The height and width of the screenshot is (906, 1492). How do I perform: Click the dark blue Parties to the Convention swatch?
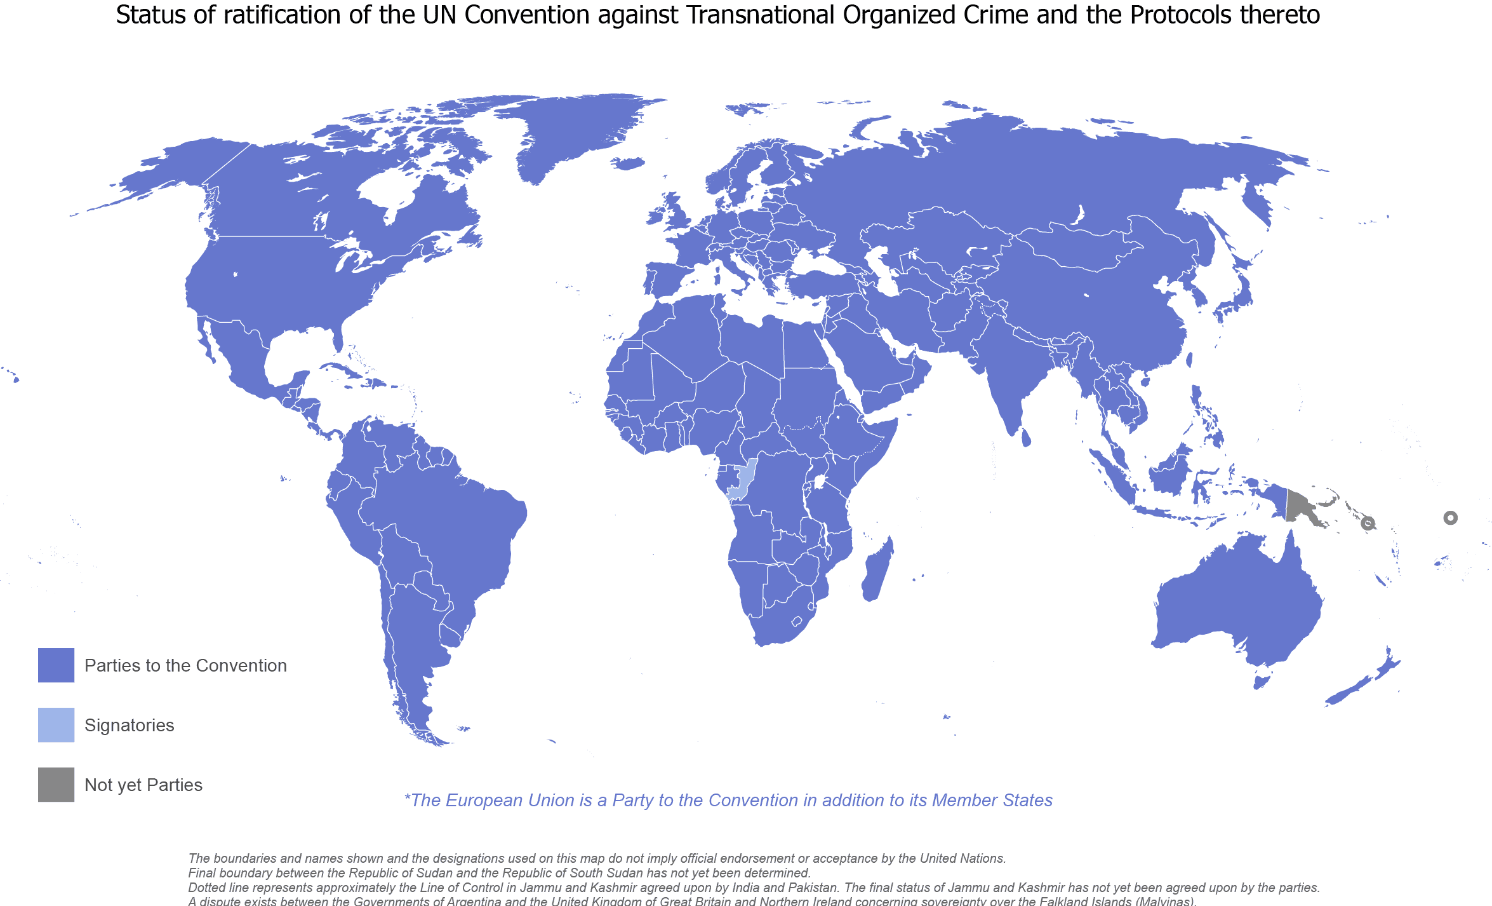(56, 665)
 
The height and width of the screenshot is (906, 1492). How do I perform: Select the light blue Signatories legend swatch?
(56, 725)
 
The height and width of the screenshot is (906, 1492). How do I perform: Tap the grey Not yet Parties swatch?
(56, 785)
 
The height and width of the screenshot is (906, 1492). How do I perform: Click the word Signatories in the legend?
(129, 725)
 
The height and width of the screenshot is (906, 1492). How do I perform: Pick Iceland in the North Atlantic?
(630, 164)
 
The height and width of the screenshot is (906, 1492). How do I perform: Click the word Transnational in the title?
(761, 15)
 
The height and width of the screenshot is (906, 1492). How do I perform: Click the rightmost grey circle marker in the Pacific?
(1450, 518)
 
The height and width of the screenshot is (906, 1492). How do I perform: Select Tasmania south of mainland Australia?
(1262, 682)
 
